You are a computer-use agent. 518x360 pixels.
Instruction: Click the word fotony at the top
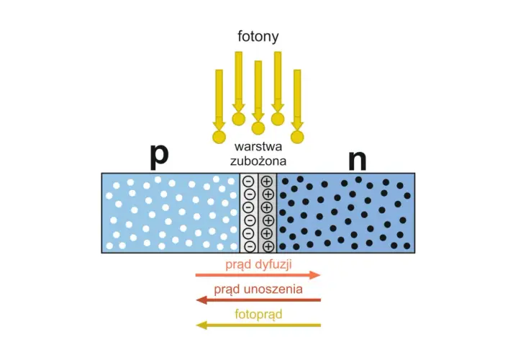[x=258, y=37]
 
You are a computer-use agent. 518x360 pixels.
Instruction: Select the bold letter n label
[x=358, y=161]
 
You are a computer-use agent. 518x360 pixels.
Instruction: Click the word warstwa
[x=258, y=146]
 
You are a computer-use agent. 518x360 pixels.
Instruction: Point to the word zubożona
[x=258, y=161]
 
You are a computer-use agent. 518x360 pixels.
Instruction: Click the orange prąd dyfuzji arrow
[x=258, y=275]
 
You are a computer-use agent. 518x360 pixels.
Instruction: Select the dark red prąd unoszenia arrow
[x=258, y=300]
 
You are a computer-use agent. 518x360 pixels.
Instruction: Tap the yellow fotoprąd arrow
[x=258, y=325]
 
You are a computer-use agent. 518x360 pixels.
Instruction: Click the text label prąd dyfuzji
[x=259, y=264]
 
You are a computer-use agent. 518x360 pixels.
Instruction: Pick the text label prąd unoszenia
[x=258, y=289]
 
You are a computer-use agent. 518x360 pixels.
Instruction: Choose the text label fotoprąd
[x=259, y=314]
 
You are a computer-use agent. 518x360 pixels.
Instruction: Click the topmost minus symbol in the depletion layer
[x=248, y=181]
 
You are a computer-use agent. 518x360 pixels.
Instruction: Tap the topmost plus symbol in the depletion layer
[x=267, y=181]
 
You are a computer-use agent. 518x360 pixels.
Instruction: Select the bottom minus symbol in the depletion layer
[x=250, y=246]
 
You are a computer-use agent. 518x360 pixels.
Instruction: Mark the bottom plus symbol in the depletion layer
[x=268, y=246]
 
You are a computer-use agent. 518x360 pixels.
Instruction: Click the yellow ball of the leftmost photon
[x=219, y=137]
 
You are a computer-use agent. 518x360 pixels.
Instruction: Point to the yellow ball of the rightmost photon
[x=297, y=137]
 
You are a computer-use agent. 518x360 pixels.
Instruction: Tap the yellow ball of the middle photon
[x=258, y=128]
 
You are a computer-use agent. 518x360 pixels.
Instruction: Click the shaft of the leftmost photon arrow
[x=219, y=96]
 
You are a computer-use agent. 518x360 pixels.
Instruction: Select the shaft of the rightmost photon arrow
[x=297, y=96]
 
